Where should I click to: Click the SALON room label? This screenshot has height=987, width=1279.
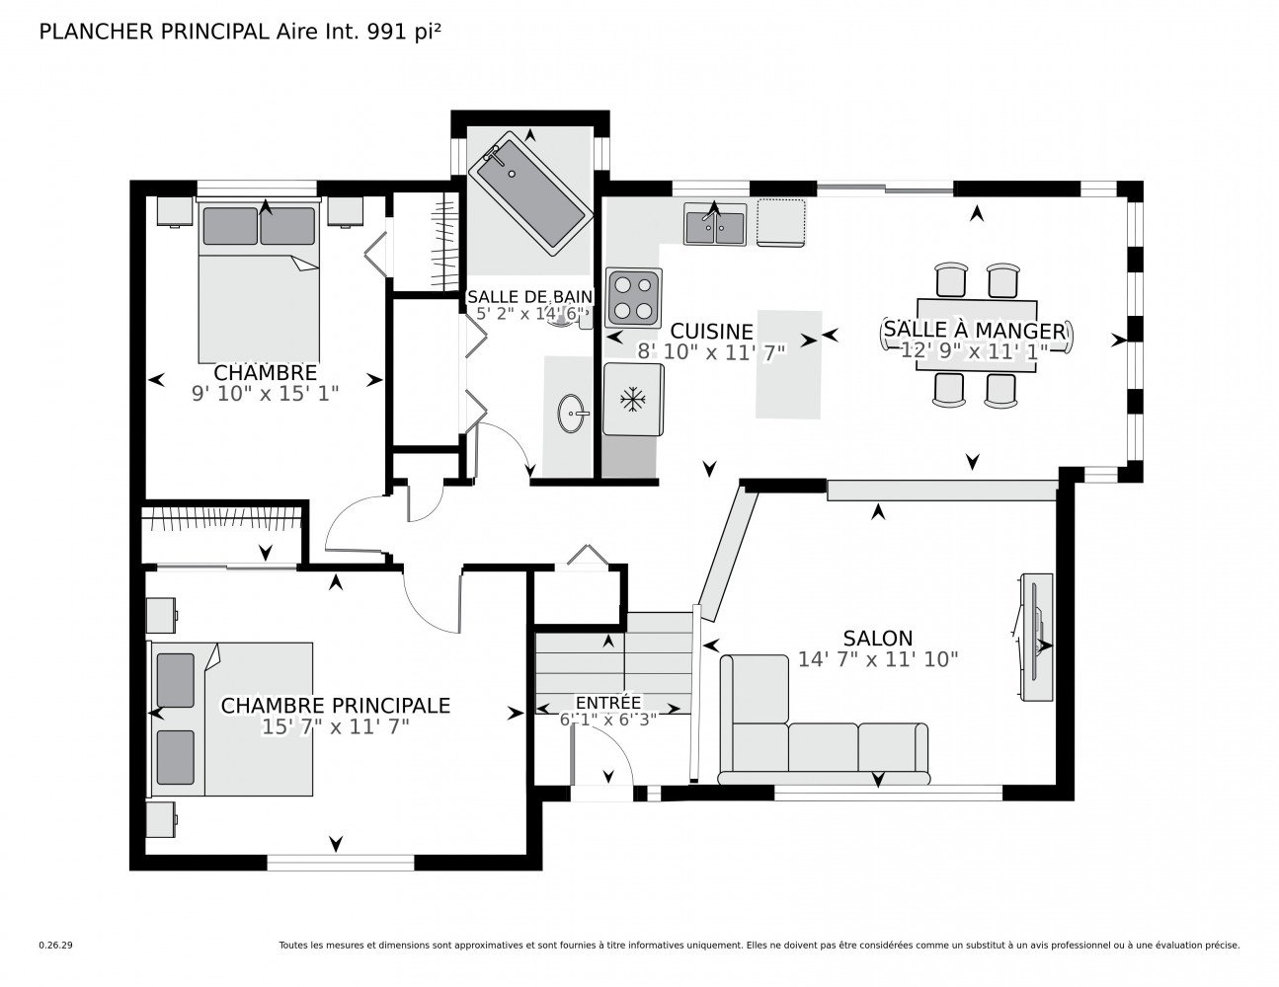pyautogui.click(x=877, y=639)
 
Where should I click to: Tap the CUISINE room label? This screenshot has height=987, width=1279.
pyautogui.click(x=712, y=332)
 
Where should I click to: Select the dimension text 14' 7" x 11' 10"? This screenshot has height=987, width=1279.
pyautogui.click(x=878, y=659)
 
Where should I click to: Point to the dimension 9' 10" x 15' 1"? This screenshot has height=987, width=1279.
pyautogui.click(x=266, y=394)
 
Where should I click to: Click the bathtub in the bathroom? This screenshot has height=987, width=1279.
pyautogui.click(x=529, y=193)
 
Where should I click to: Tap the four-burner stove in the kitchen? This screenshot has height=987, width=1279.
pyautogui.click(x=634, y=297)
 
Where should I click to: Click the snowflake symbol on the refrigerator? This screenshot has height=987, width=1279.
pyautogui.click(x=633, y=400)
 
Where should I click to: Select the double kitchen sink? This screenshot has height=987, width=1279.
pyautogui.click(x=714, y=224)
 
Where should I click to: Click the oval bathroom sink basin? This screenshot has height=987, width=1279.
pyautogui.click(x=571, y=414)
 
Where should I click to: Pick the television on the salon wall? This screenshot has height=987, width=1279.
pyautogui.click(x=1036, y=637)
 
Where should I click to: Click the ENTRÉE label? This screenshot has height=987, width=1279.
pyautogui.click(x=608, y=703)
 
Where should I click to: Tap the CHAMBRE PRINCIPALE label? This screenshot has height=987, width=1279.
pyautogui.click(x=336, y=706)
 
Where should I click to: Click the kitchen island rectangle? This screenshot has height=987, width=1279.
pyautogui.click(x=789, y=364)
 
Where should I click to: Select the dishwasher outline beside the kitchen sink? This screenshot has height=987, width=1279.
pyautogui.click(x=781, y=223)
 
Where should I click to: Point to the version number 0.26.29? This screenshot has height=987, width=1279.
pyautogui.click(x=56, y=946)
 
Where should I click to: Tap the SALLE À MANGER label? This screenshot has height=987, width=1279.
pyautogui.click(x=975, y=331)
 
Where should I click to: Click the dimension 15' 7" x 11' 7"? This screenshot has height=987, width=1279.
pyautogui.click(x=336, y=727)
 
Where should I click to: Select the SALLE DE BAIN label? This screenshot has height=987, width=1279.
pyautogui.click(x=529, y=296)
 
